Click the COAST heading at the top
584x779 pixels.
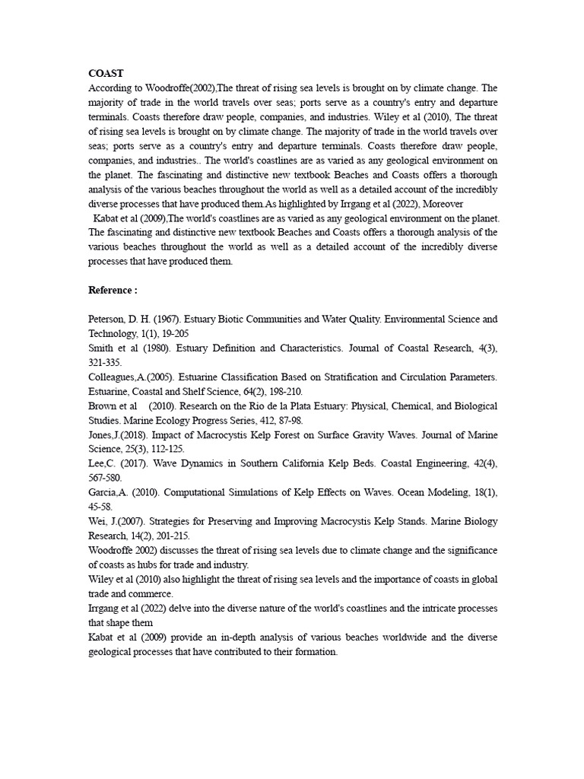[x=106, y=74]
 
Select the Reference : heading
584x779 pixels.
[x=113, y=291]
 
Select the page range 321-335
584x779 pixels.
[x=105, y=363]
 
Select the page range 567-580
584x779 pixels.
[x=105, y=479]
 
